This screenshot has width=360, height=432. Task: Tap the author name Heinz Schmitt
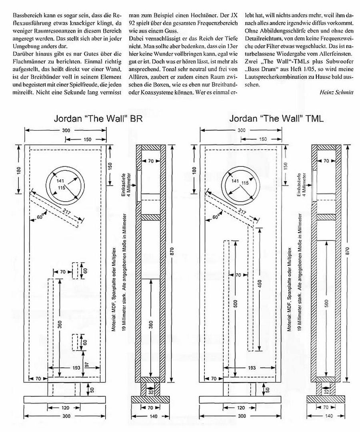(336, 92)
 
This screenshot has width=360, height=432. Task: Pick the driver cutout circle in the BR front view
(65, 182)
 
